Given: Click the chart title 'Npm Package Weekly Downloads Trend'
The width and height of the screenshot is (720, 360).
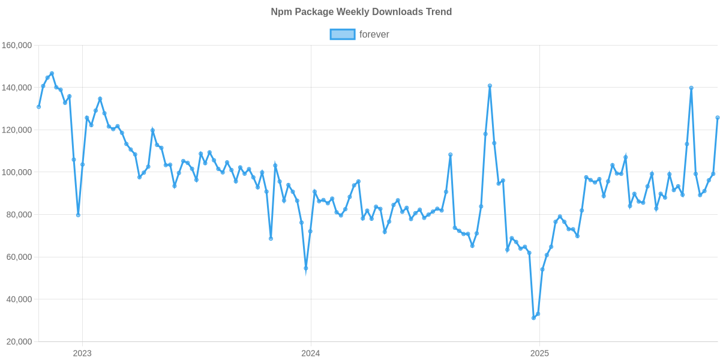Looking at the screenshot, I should [x=361, y=11].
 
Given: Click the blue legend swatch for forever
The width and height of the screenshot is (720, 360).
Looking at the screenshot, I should [x=342, y=34].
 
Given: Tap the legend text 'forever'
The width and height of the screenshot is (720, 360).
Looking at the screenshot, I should [x=374, y=34].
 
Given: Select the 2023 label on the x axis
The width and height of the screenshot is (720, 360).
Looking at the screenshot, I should [x=82, y=353].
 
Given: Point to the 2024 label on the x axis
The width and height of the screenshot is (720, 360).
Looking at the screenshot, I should [x=311, y=353].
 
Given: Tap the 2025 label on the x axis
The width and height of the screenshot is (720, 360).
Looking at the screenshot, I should [x=539, y=353].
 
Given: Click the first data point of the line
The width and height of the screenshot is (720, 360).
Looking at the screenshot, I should [x=38, y=107].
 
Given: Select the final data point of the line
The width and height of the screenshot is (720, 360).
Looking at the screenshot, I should [x=717, y=118].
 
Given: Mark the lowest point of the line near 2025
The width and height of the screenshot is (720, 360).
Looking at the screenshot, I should [x=533, y=318].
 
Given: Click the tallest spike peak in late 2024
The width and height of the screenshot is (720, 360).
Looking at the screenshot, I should [x=490, y=85].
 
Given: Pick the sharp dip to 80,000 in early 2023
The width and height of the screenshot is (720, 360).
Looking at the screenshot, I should [x=78, y=215].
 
